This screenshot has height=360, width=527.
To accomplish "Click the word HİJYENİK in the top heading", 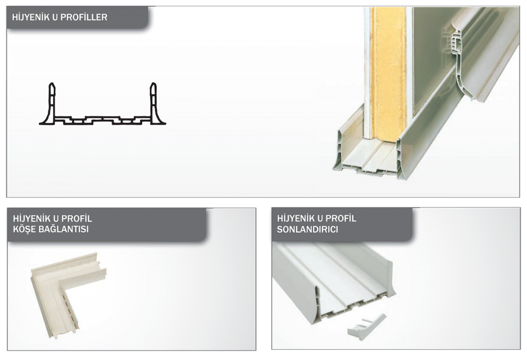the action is click(31, 17).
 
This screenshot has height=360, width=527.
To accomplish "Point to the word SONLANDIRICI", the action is click(308, 230).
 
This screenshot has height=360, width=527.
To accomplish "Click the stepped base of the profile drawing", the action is click(102, 120).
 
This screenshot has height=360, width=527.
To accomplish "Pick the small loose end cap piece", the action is click(366, 327).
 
